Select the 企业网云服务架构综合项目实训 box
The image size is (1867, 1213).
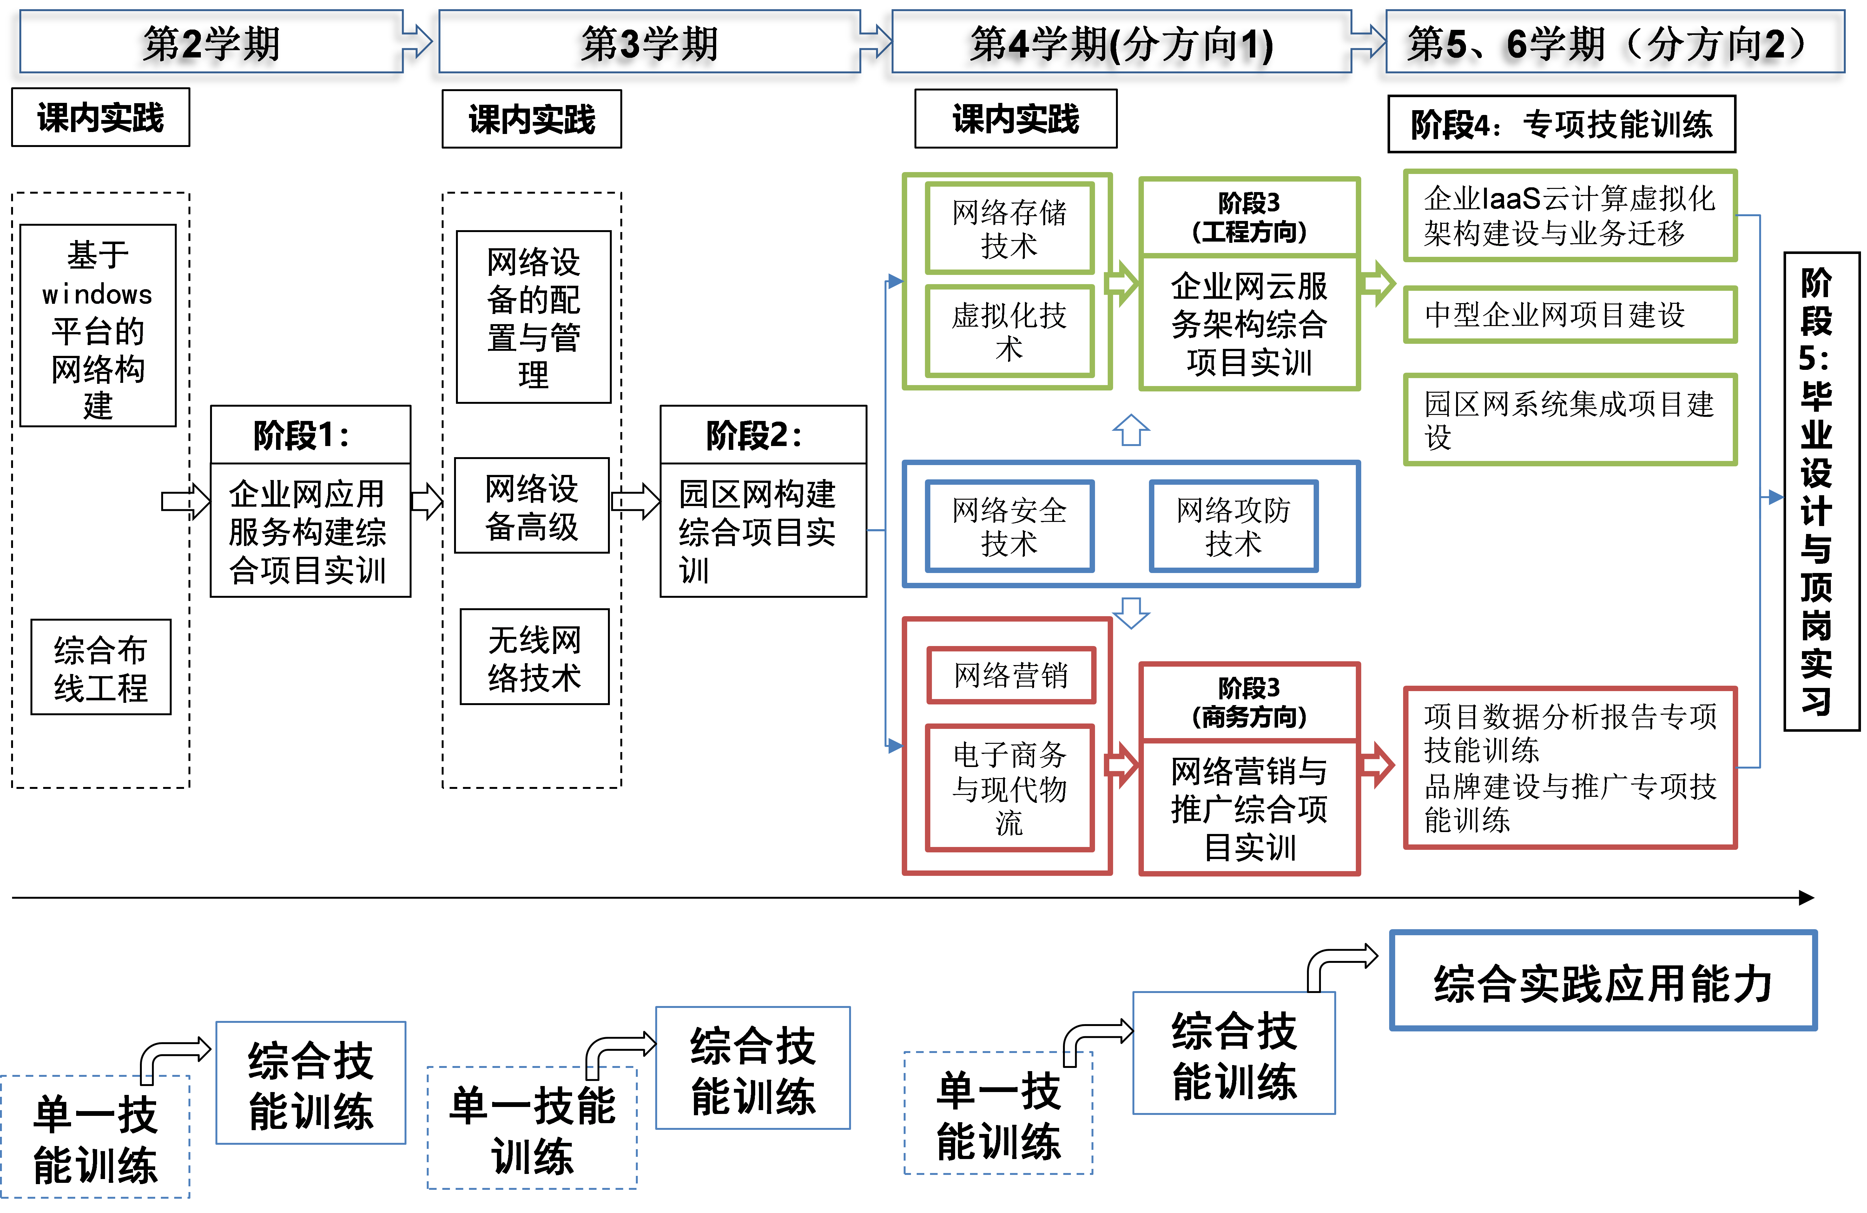point(1249,323)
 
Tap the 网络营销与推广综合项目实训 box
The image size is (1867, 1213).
point(1249,808)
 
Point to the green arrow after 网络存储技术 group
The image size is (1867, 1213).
point(1123,283)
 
